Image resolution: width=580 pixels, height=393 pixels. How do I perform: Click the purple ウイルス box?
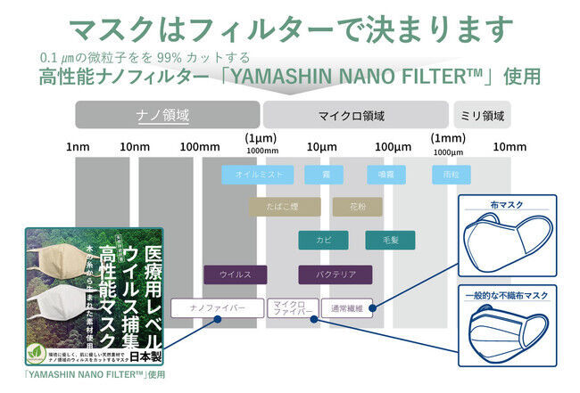tap(236, 274)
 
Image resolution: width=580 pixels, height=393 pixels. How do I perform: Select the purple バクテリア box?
tap(335, 274)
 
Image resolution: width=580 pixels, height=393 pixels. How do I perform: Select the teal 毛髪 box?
tap(389, 240)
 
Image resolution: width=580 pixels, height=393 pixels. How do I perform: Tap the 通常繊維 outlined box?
tap(344, 308)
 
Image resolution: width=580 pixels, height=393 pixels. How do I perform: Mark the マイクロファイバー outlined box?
tap(291, 308)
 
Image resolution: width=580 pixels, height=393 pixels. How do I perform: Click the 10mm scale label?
tap(509, 145)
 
